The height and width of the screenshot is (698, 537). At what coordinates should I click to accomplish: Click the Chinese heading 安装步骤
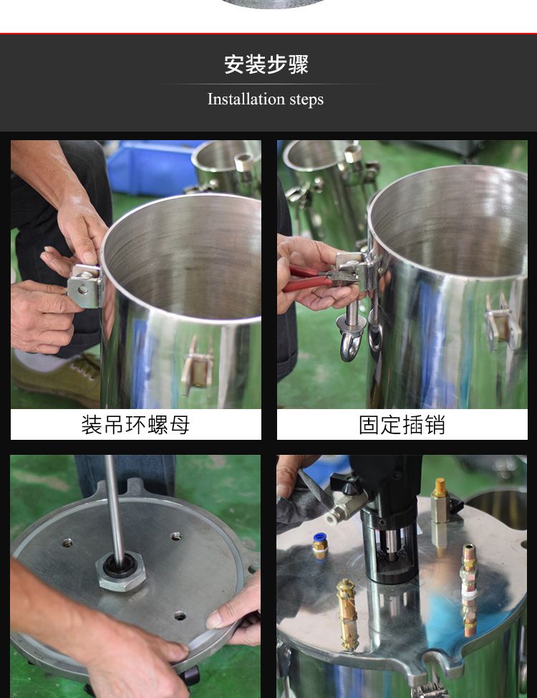click(266, 64)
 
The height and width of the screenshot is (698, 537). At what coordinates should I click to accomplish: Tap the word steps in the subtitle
click(306, 100)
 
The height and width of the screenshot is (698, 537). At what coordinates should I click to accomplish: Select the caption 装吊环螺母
click(135, 425)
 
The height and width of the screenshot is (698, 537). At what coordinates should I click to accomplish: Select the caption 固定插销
click(402, 425)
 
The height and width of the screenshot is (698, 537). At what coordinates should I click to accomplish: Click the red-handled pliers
click(309, 280)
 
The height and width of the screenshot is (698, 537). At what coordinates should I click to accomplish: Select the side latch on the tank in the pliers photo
click(502, 322)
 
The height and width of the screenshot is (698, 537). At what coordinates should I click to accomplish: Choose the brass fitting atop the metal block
click(439, 489)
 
